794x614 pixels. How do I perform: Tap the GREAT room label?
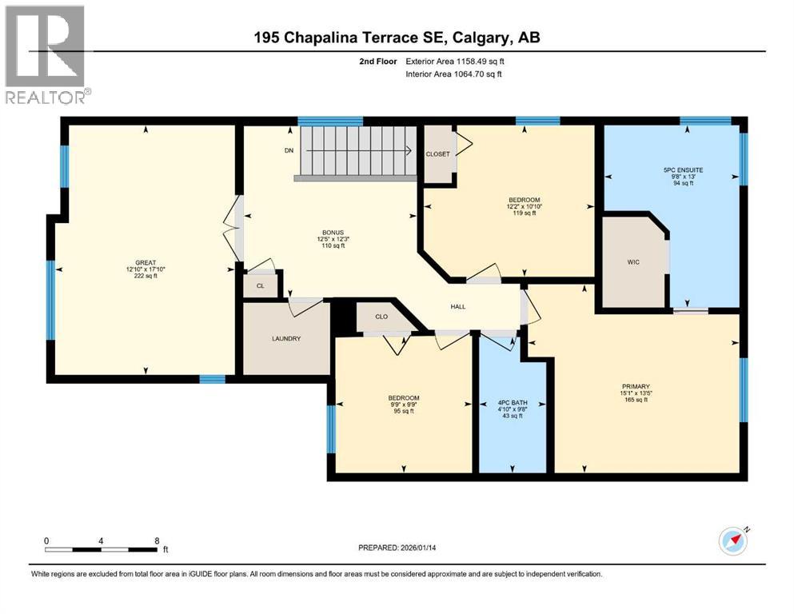[x=146, y=262]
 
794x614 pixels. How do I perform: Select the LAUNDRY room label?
[x=285, y=339]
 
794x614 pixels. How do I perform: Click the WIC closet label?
[x=633, y=261]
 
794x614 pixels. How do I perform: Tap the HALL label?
[x=458, y=306]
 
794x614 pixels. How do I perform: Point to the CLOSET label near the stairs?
[x=437, y=153]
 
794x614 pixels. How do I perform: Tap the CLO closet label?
[x=381, y=317]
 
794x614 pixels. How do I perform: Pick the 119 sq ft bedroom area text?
[x=524, y=213]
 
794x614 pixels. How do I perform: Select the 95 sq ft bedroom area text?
[x=403, y=412]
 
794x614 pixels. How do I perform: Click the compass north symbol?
[x=733, y=540]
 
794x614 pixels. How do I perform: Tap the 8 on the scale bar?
[x=156, y=540]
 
